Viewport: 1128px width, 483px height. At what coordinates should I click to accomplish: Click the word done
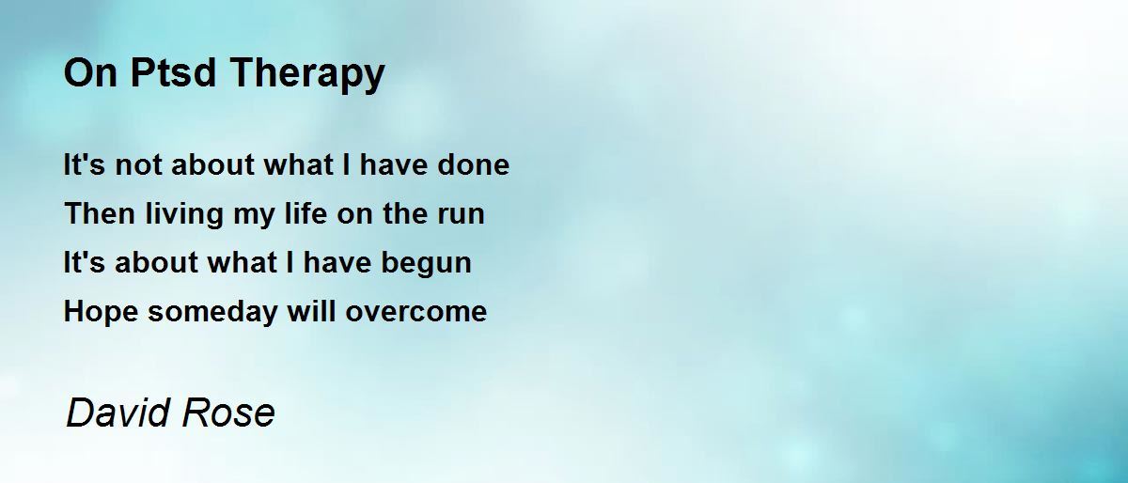click(474, 165)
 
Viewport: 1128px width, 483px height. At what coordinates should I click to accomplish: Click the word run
click(460, 214)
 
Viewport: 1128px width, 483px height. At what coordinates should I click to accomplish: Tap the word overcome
click(416, 312)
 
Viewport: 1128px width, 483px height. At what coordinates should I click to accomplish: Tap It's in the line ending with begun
click(85, 262)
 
